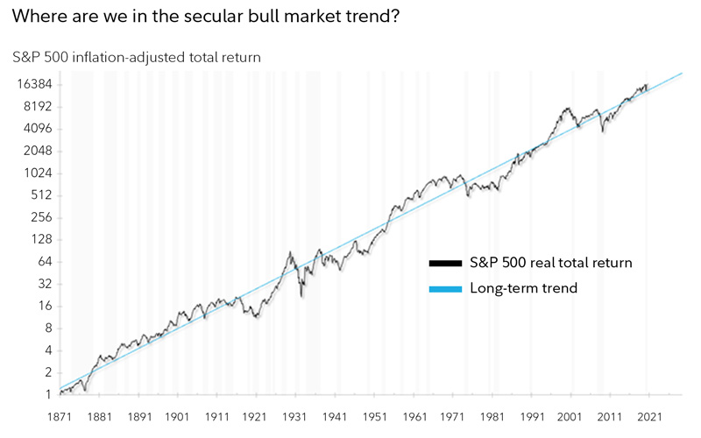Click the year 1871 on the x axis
pyautogui.click(x=60, y=418)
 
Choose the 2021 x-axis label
pyautogui.click(x=648, y=418)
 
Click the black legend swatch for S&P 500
pyautogui.click(x=445, y=263)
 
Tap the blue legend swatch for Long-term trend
pyautogui.click(x=445, y=288)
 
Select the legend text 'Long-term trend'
pyautogui.click(x=524, y=288)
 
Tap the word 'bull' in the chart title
pyautogui.click(x=262, y=17)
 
